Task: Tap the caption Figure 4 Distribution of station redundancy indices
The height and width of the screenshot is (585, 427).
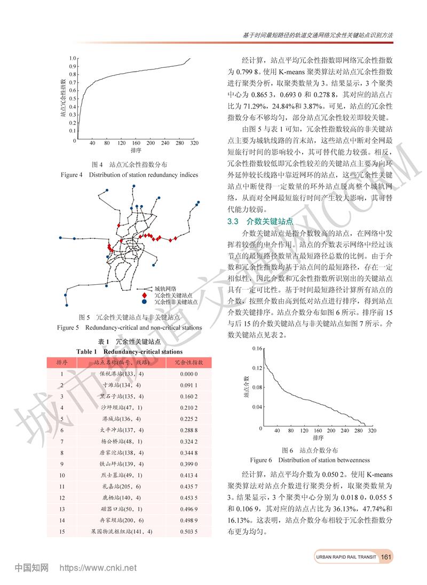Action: (x=129, y=175)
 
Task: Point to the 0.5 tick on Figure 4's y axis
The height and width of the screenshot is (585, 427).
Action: (x=73, y=99)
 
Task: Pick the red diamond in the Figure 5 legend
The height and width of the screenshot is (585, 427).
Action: (x=144, y=295)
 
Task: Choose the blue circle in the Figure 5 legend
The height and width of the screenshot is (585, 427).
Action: (x=144, y=302)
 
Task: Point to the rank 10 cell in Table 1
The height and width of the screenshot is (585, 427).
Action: (x=62, y=475)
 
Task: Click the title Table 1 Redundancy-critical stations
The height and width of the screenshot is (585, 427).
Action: (x=129, y=352)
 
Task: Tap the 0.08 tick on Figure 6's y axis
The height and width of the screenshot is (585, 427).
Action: (x=256, y=387)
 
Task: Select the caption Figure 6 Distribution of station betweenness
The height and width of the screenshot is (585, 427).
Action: (x=310, y=459)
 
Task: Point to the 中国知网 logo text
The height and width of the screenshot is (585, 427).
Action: (x=31, y=567)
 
